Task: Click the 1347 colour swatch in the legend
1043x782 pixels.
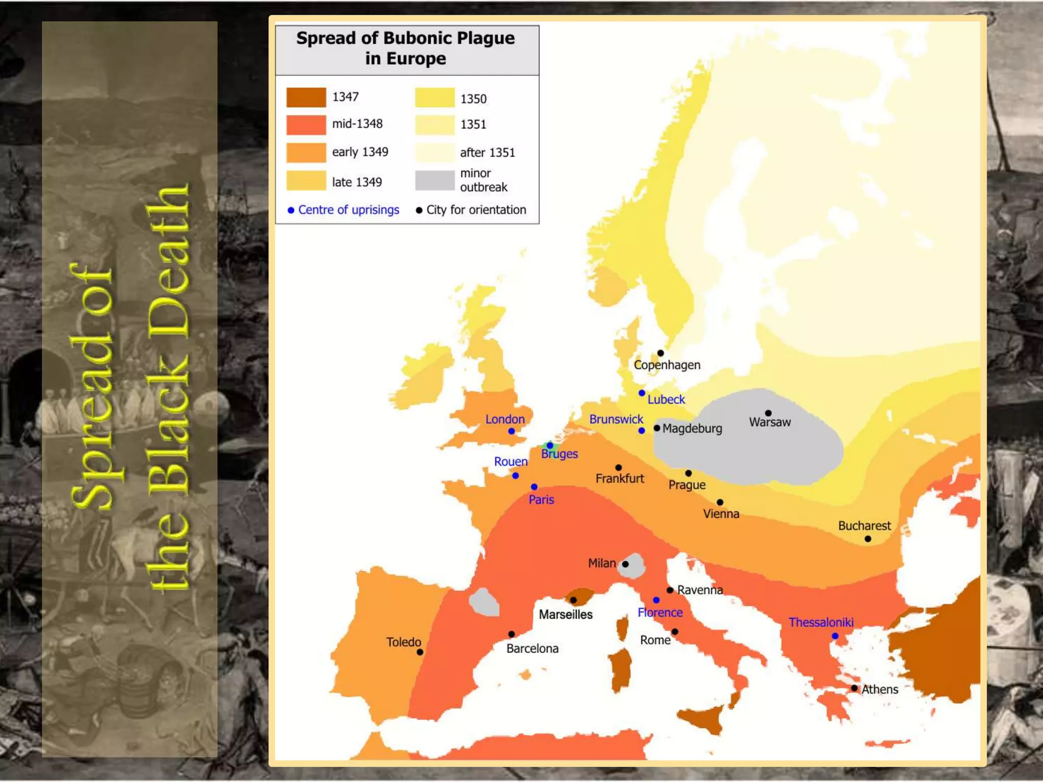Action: point(306,97)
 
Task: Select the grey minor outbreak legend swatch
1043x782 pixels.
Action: point(434,180)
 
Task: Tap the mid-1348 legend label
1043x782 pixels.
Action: point(357,124)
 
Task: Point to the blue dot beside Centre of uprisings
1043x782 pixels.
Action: point(291,210)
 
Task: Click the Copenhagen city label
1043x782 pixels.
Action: point(667,365)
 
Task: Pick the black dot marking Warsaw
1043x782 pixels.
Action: point(768,413)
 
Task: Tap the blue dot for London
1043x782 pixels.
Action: point(511,431)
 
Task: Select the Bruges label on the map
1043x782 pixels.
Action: point(559,454)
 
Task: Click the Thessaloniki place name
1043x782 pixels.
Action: point(821,622)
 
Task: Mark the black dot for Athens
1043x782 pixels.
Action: point(854,688)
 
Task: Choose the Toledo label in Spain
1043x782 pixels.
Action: point(403,642)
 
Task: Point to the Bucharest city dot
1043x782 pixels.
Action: point(868,539)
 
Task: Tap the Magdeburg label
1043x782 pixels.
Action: point(692,429)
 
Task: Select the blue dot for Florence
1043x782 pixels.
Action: point(656,600)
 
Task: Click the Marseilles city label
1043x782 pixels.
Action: point(565,615)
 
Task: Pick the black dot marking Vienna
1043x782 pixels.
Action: point(720,502)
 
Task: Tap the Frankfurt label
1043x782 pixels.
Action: point(619,479)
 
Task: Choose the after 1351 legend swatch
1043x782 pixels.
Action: point(434,152)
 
